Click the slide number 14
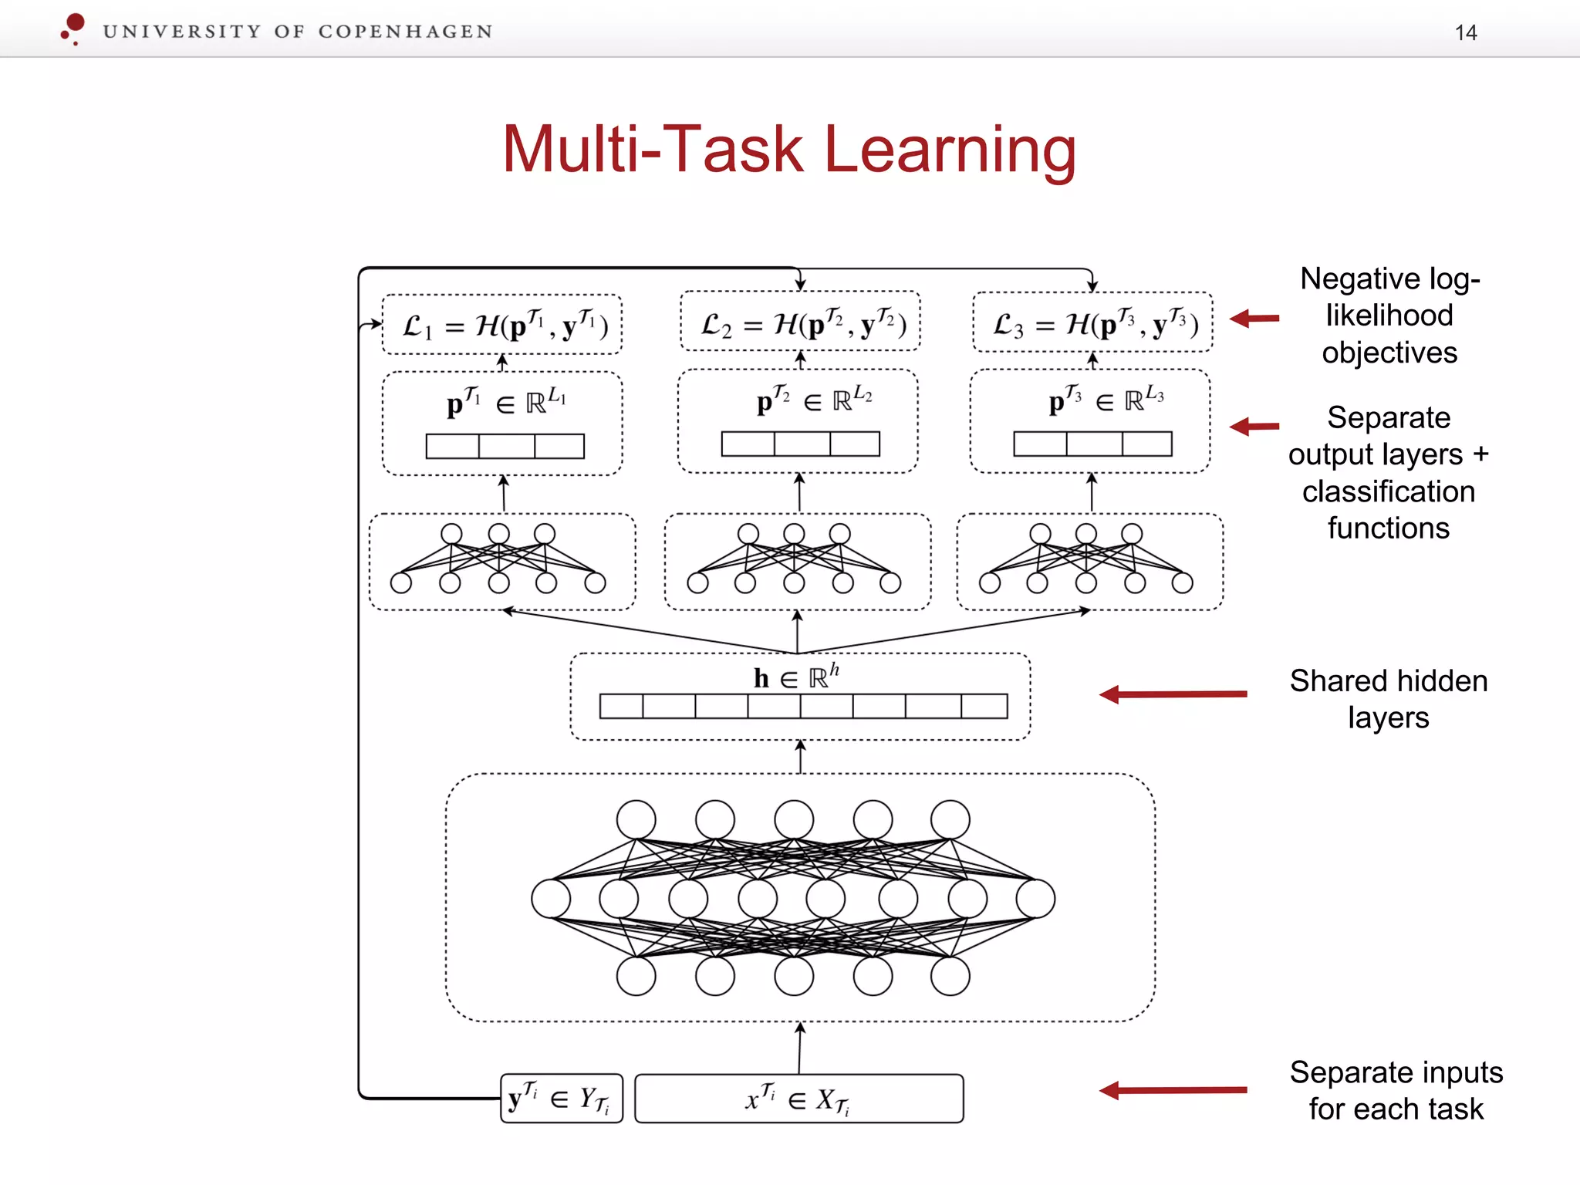click(x=1465, y=32)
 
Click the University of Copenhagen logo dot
click(x=75, y=23)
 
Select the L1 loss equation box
click(x=502, y=325)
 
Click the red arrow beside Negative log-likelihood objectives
click(x=1254, y=318)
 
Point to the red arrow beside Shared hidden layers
click(x=1173, y=694)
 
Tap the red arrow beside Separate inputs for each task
click(x=1173, y=1090)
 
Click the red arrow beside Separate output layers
click(x=1254, y=426)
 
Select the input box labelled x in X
click(x=798, y=1099)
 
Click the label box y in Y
click(x=561, y=1099)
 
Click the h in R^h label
click(x=796, y=677)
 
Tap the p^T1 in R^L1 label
click(x=505, y=401)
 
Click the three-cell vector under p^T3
click(x=1092, y=444)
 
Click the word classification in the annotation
click(x=1388, y=491)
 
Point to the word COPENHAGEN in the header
click(x=405, y=32)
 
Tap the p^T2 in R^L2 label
click(x=813, y=399)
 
